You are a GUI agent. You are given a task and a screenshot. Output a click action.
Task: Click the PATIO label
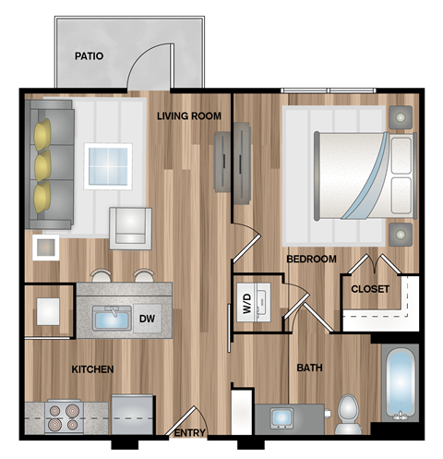click(x=89, y=56)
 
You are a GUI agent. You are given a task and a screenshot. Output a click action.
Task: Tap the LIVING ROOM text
click(x=188, y=115)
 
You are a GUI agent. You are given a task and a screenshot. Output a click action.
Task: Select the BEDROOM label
click(x=310, y=260)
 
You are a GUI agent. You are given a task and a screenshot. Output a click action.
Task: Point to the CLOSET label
click(x=370, y=289)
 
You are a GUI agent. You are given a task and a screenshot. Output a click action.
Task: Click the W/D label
click(x=246, y=303)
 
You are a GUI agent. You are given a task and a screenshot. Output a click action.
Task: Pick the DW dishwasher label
click(x=147, y=320)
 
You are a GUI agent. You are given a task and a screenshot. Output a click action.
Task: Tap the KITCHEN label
click(x=92, y=369)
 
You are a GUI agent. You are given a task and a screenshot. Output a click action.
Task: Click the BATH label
click(x=309, y=368)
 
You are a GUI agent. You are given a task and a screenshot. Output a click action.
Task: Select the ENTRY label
click(x=190, y=433)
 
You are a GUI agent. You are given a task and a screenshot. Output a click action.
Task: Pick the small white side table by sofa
click(x=45, y=247)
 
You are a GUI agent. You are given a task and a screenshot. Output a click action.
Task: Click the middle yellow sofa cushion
click(x=42, y=167)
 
